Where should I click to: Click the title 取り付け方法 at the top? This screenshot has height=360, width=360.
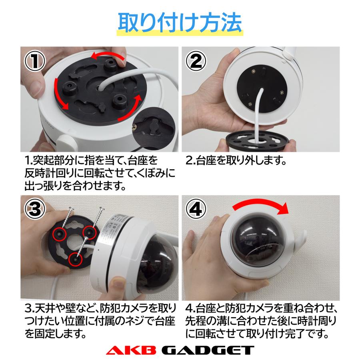click(x=180, y=24)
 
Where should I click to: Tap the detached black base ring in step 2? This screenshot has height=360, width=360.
click(x=256, y=141)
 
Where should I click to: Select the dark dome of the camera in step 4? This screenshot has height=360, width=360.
click(x=256, y=240)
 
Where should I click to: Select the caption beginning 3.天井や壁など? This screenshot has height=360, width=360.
click(x=98, y=320)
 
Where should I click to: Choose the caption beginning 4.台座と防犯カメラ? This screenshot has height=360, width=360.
click(x=262, y=320)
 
